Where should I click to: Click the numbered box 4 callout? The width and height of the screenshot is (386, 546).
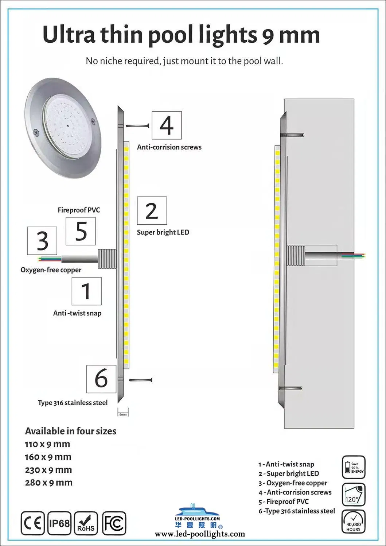click(167, 125)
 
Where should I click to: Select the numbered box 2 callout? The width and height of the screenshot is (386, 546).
click(152, 211)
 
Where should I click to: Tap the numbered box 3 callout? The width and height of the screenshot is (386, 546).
click(42, 241)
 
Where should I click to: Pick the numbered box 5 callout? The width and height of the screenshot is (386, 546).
click(81, 231)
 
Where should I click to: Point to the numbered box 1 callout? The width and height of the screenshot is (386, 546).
click(86, 291)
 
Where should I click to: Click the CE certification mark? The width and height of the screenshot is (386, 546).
click(33, 523)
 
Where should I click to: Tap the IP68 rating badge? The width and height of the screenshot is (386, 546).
click(59, 523)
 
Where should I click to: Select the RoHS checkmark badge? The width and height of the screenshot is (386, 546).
click(86, 523)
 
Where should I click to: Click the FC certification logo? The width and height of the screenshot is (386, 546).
click(114, 523)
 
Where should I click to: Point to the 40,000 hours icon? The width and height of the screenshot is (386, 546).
click(353, 522)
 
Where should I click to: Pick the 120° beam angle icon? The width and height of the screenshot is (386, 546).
click(353, 495)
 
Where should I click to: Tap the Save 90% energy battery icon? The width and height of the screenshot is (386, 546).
click(353, 467)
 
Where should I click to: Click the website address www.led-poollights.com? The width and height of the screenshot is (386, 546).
click(200, 534)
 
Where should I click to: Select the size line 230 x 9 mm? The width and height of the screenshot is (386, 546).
click(48, 470)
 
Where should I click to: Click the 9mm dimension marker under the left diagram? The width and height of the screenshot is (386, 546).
click(123, 414)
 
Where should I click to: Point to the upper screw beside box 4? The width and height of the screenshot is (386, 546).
click(138, 125)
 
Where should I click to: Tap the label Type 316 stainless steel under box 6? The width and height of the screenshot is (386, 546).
click(73, 403)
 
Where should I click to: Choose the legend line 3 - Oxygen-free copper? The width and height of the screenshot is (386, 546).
click(293, 483)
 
